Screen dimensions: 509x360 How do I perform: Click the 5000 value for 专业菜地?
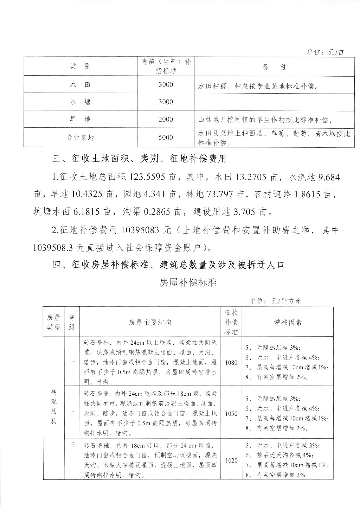coord(166,138)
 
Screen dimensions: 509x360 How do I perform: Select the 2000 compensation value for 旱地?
coord(166,120)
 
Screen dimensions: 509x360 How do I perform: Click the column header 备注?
coord(275,67)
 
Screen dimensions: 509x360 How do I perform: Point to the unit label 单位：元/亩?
coord(325,52)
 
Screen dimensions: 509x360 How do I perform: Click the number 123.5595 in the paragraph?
coord(148,177)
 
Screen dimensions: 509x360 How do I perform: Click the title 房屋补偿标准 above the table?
coord(188,282)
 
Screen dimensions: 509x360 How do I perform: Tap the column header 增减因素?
coord(288,322)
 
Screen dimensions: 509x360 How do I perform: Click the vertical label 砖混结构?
coord(54,407)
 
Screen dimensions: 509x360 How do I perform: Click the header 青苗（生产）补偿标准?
coord(166,66)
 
